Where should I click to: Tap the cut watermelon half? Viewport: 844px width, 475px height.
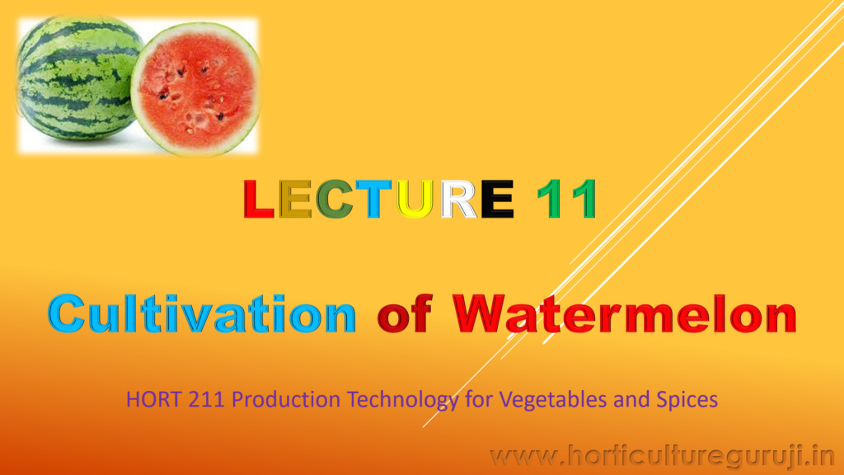pyautogui.click(x=196, y=88)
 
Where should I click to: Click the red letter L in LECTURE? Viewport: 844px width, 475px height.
pyautogui.click(x=258, y=199)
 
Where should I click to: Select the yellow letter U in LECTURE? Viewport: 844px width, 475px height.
pyautogui.click(x=415, y=199)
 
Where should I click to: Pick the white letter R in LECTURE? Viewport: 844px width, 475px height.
pyautogui.click(x=458, y=199)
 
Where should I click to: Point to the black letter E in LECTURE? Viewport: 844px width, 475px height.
pyautogui.click(x=497, y=199)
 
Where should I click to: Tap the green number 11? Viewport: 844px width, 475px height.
pyautogui.click(x=567, y=199)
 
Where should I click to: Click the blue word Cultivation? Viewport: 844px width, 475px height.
pyautogui.click(x=202, y=314)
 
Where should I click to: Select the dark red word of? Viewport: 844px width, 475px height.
pyautogui.click(x=405, y=314)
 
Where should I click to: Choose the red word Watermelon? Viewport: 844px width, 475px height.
pyautogui.click(x=625, y=314)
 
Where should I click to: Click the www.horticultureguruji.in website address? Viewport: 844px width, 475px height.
pyautogui.click(x=663, y=457)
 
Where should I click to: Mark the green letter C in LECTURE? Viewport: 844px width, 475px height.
pyautogui.click(x=334, y=199)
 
